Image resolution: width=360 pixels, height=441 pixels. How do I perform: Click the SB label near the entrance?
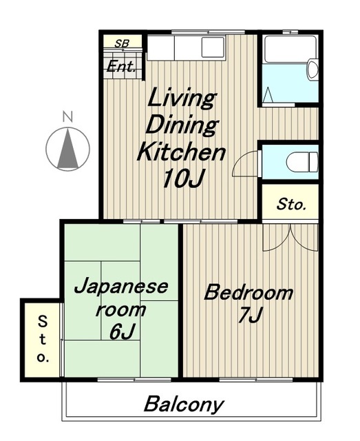click(122, 43)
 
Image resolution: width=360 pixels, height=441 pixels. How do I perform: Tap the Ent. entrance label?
click(121, 66)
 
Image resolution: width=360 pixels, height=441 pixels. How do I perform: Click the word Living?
click(181, 99)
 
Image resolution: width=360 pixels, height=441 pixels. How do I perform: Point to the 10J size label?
click(182, 178)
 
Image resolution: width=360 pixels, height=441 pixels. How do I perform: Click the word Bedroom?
click(248, 293)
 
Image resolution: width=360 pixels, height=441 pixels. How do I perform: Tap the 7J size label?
click(250, 315)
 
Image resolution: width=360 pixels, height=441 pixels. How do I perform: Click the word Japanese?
click(121, 287)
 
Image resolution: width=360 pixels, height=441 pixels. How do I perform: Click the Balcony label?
click(184, 404)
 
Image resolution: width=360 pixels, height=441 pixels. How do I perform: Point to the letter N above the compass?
click(67, 116)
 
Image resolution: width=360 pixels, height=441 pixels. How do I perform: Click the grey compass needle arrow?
click(67, 148)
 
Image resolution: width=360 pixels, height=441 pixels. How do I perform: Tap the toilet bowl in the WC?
click(302, 162)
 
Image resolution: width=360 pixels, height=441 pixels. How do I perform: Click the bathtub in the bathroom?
click(290, 49)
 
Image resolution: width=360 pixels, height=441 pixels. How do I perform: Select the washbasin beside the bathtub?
click(313, 70)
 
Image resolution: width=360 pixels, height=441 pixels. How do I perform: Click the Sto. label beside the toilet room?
click(291, 205)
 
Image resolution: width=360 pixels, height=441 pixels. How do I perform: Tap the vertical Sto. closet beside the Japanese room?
click(42, 340)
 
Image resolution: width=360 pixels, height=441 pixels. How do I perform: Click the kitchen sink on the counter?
click(213, 47)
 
